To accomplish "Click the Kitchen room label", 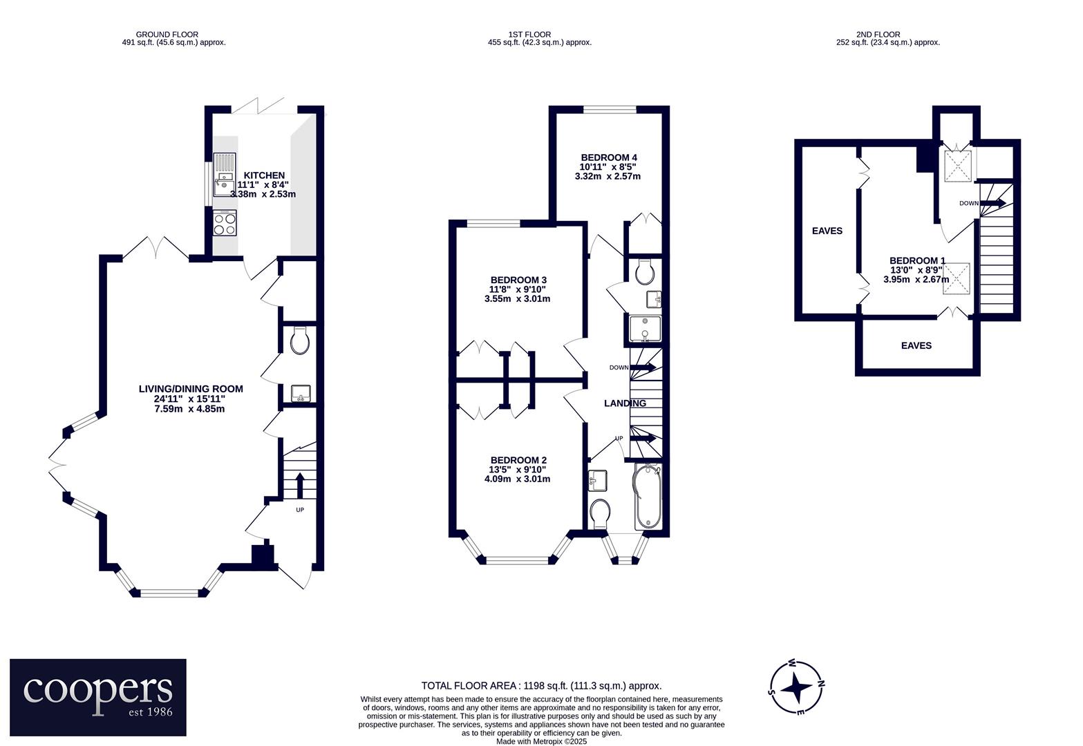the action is [264, 175].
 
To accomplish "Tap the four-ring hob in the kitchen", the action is [225, 222].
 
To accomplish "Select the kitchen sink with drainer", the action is [225, 175].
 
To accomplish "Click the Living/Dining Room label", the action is [191, 389].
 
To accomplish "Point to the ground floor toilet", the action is [300, 341].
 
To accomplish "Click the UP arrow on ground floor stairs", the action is [300, 486].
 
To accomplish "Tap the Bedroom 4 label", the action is [609, 157].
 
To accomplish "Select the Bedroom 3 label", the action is [518, 280].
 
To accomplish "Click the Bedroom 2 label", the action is [518, 461].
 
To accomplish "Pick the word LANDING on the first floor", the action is [625, 403].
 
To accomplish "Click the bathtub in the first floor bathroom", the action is [647, 497].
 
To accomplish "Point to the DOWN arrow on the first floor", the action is [643, 367].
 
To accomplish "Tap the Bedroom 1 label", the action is [917, 260].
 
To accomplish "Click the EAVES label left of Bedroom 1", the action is [827, 231].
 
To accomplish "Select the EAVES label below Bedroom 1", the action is [916, 345].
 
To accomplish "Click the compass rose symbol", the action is [796, 687].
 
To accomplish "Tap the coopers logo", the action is [98, 697].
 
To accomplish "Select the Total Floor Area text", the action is [541, 686].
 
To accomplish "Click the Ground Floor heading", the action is [167, 35].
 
